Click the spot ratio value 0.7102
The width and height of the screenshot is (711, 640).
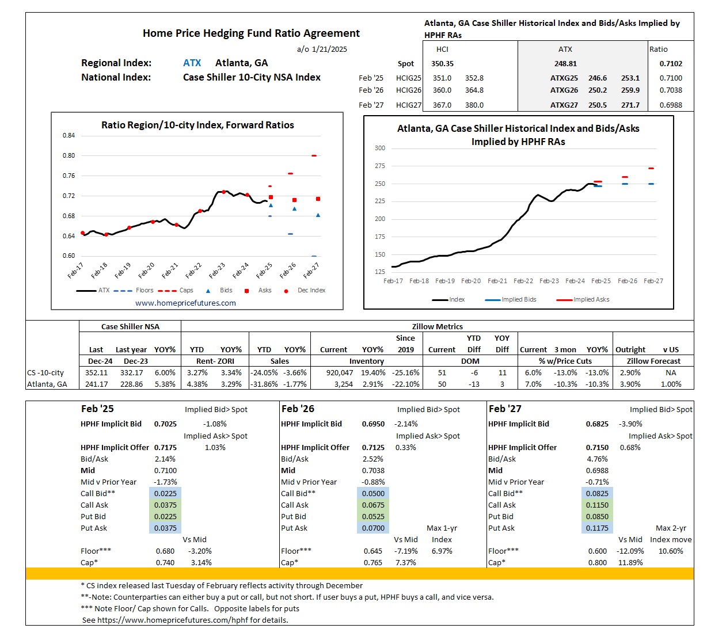tap(671, 64)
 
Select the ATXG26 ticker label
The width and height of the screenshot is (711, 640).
tap(564, 90)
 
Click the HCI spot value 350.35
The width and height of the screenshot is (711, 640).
tap(442, 64)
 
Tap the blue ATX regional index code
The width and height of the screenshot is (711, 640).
tap(192, 63)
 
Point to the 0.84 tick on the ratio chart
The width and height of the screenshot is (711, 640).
tap(69, 136)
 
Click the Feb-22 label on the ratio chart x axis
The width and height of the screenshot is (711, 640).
tap(193, 271)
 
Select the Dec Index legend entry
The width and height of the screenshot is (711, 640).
tap(311, 291)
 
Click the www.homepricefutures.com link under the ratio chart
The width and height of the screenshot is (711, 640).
tap(185, 303)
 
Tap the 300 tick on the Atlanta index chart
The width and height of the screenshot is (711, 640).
tap(380, 148)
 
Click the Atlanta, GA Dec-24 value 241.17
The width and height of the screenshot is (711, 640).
tap(96, 384)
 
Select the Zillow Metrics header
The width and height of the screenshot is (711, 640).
tap(437, 326)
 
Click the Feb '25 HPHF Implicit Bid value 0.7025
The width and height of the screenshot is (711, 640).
tap(165, 424)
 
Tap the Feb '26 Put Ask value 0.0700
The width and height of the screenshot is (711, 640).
tap(374, 528)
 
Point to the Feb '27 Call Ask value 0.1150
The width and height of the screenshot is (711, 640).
tap(597, 505)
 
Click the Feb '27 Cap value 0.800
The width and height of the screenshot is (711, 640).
tap(597, 563)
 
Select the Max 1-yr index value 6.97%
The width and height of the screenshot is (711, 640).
tap(442, 551)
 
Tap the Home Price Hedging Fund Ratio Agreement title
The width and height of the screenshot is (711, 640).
tap(251, 33)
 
